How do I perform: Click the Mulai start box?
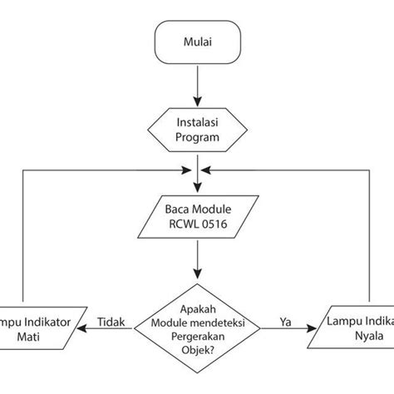tap(196, 42)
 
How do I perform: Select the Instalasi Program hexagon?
tap(196, 129)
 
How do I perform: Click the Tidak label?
tap(111, 320)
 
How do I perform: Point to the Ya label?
tap(284, 320)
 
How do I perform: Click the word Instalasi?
tap(196, 121)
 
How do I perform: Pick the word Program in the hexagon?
tap(196, 137)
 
